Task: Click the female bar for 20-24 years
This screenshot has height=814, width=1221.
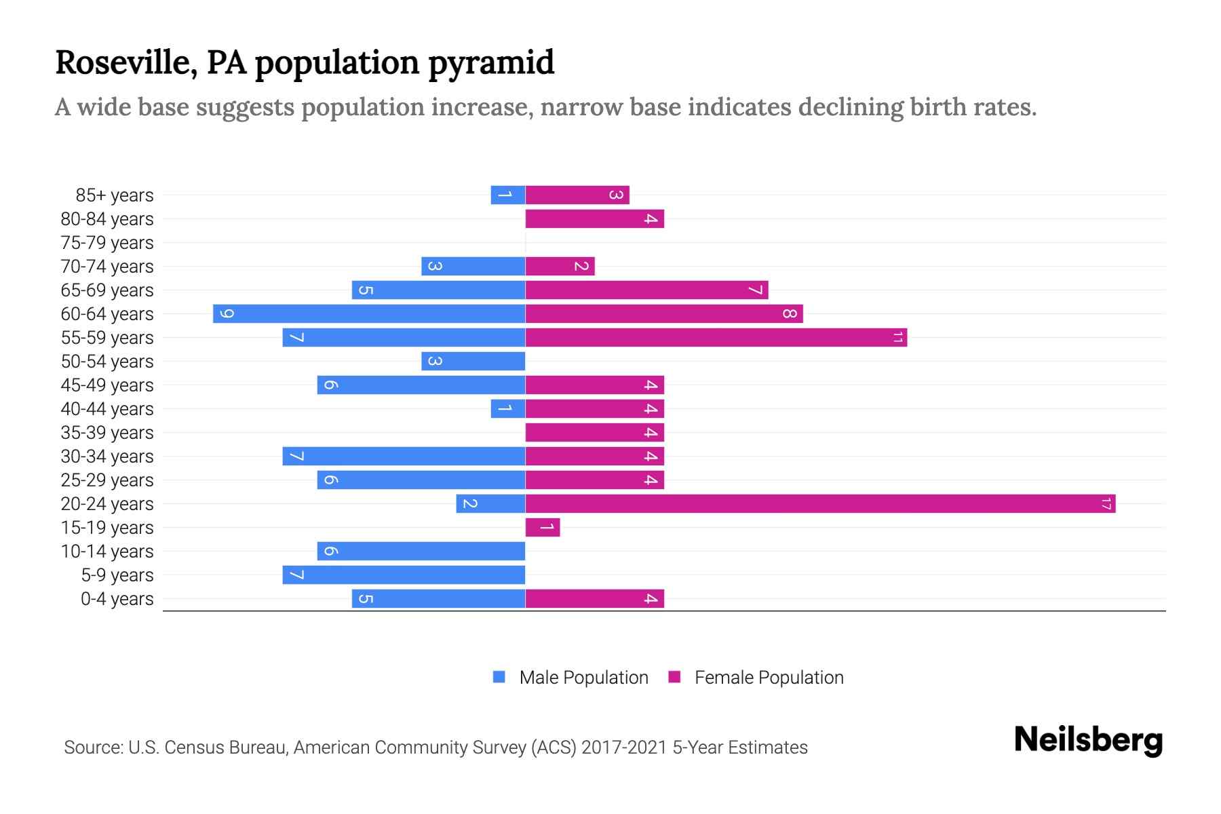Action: point(820,504)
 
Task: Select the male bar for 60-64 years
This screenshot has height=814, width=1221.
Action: point(369,314)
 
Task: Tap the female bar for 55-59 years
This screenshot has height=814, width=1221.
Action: point(716,338)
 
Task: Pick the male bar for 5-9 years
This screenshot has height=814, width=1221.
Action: point(404,575)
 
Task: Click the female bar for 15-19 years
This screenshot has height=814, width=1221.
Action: point(543,528)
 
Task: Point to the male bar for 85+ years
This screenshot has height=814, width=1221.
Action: point(508,195)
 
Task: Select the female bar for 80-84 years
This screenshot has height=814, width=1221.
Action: point(594,219)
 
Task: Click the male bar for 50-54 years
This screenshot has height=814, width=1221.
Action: point(473,362)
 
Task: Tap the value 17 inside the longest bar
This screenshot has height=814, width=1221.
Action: point(1106,504)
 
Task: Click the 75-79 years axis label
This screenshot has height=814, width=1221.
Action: point(107,243)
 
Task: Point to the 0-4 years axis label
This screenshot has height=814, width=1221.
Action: point(117,599)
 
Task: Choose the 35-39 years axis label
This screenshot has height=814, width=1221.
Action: point(107,433)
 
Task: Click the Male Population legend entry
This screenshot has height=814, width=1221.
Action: point(583,678)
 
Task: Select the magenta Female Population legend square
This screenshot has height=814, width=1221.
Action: point(674,677)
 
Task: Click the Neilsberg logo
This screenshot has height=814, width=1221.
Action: point(1088,740)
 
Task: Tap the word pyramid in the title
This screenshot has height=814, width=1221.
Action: point(491,63)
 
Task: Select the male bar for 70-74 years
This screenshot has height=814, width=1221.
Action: point(473,267)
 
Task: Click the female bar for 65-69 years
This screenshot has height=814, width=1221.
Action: point(646,290)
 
